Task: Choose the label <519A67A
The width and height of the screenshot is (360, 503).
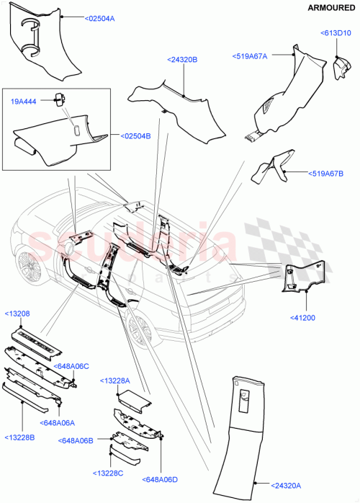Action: click(x=250, y=55)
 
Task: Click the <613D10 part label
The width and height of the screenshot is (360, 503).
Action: click(x=336, y=33)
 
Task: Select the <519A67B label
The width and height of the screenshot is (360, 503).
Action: click(x=327, y=174)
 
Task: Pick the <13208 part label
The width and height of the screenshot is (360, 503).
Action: click(x=17, y=314)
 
